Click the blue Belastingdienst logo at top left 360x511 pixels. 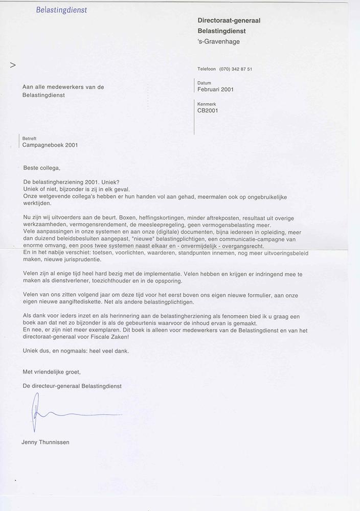61,10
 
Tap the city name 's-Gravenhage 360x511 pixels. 218,41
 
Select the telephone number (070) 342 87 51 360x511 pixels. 235,69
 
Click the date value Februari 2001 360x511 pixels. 215,89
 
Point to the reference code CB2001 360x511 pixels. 208,110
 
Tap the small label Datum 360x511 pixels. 204,83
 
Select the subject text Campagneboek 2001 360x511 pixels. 50,145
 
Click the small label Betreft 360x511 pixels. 29,138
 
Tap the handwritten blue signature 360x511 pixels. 66,413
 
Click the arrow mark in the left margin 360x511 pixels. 13,65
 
